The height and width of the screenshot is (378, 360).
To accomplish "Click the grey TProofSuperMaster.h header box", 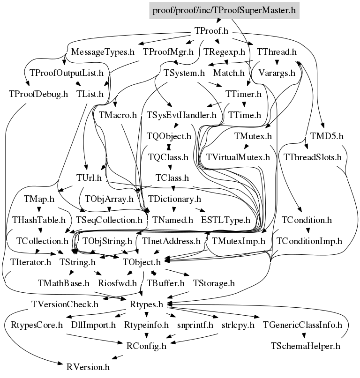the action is coord(224,10).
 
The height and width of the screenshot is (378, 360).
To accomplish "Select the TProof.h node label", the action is coord(211,31).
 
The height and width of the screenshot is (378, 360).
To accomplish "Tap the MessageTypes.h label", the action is coord(103,52).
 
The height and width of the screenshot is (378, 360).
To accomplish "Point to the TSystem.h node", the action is coord(184,73).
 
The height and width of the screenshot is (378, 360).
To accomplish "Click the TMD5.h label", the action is coord(327,136).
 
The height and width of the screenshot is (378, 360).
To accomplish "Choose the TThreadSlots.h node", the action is coord(313,157).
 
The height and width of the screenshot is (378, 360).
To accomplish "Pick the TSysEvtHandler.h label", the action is coord(181,115).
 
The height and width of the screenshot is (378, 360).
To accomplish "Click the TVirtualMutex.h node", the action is coord(238,157).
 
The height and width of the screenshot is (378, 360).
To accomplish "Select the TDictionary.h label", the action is coord(174,199).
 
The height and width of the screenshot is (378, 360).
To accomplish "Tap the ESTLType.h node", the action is coord(225,220).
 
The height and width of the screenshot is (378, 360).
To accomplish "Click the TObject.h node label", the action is coord(142,262).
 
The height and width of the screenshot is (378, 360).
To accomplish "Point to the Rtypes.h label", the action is coord(146,304).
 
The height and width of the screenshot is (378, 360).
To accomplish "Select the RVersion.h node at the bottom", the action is coord(88,367).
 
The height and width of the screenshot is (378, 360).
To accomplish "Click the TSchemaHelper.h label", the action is coord(305,346).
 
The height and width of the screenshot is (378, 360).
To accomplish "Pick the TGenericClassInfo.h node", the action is coord(302,325).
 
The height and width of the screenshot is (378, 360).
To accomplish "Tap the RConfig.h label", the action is coord(146,346).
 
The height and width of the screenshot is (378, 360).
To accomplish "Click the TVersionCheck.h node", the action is coord(65,304).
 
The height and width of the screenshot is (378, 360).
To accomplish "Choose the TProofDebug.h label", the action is coord(38,94).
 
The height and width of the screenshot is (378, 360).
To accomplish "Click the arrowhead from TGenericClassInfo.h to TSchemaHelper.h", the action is coord(304,335).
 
